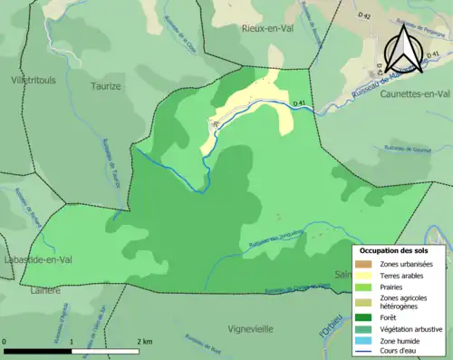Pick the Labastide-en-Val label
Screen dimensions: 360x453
point(36,260)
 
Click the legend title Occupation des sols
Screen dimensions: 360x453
point(394,250)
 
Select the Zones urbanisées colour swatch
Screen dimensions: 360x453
point(366,263)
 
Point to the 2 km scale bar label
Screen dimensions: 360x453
point(143,341)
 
